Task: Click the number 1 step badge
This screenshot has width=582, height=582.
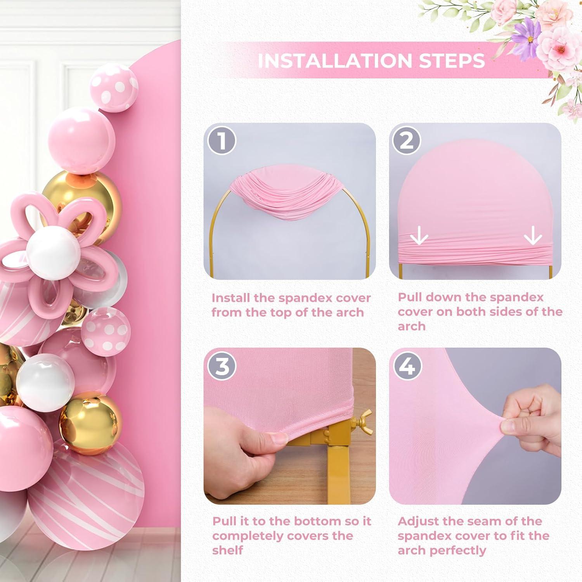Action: pos(222,140)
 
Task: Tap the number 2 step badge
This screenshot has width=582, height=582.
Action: pos(406,140)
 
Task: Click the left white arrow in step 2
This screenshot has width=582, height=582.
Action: pos(419,236)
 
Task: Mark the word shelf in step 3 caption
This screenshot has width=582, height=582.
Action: pos(228,550)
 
